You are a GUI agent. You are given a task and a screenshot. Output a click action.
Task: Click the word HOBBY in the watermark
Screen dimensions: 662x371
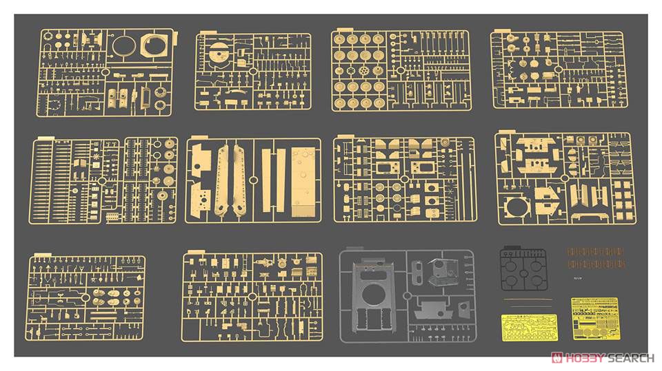coord(585,357)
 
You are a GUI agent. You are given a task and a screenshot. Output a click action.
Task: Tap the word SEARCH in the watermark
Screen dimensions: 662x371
coord(630,357)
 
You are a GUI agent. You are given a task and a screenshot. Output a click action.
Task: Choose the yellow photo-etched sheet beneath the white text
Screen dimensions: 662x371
coord(594,317)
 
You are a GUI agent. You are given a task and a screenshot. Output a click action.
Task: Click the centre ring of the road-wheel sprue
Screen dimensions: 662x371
coord(400,70)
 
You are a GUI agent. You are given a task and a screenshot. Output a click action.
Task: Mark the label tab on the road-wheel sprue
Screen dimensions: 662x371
coord(337,32)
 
